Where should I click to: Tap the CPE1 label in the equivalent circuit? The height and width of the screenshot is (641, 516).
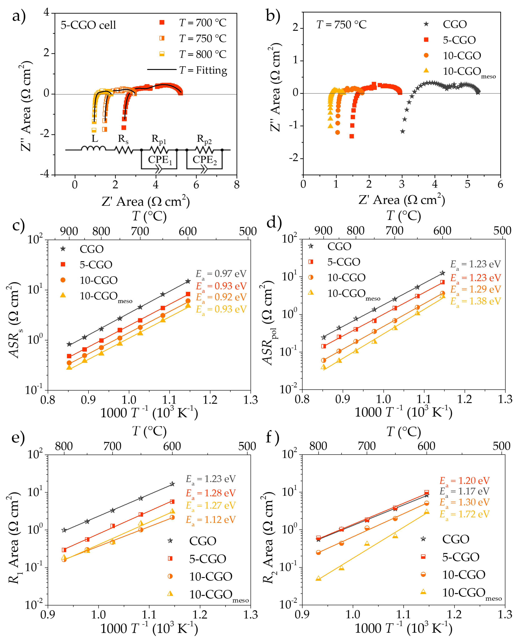pos(160,160)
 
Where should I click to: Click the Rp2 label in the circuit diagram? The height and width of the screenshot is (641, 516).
pos(204,139)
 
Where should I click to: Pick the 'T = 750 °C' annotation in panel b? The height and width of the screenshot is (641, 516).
pos(341,24)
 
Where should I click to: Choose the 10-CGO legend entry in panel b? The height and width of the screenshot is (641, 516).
pos(461,56)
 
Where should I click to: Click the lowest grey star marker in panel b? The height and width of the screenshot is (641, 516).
pos(403,131)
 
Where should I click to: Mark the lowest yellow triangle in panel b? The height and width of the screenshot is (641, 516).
pos(330,126)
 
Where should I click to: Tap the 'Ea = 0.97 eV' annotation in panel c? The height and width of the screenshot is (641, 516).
pos(221,274)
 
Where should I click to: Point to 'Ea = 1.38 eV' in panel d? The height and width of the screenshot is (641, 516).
pos(475,301)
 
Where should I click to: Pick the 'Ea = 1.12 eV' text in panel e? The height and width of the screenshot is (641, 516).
pos(211,520)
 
